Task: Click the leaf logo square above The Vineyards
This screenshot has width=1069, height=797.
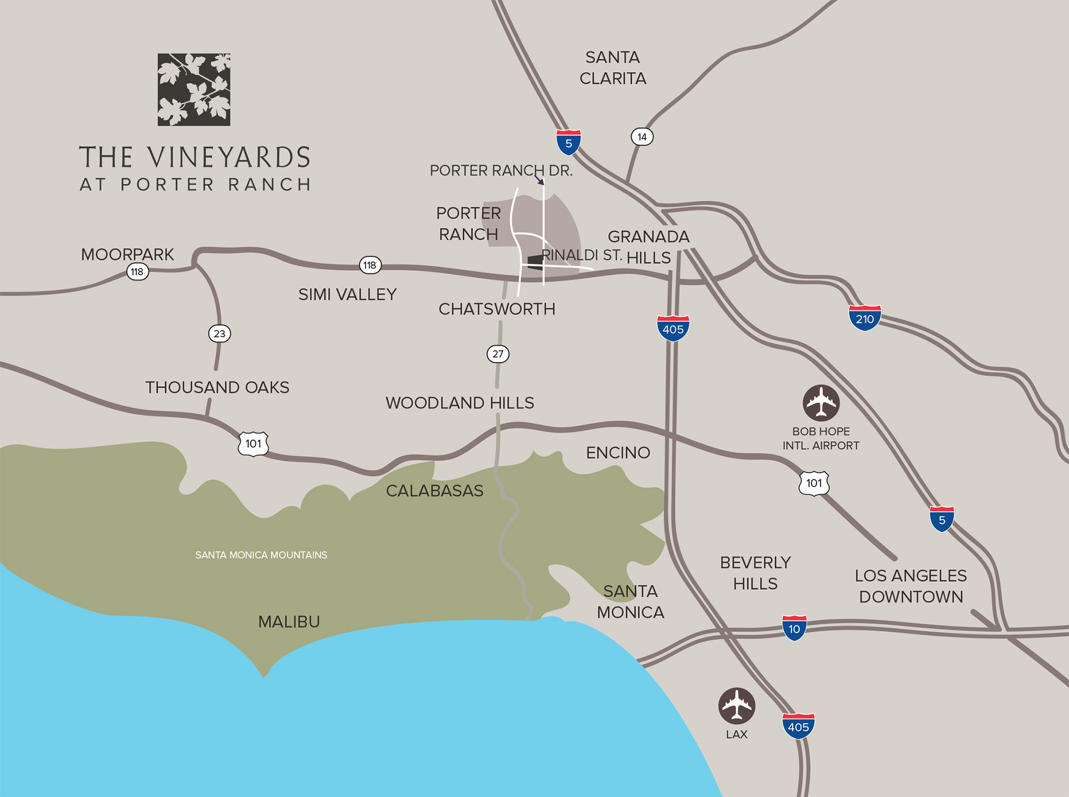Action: point(193,89)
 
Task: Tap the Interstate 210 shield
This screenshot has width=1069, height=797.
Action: point(864,318)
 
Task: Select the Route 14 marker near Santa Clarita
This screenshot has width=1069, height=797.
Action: point(642,137)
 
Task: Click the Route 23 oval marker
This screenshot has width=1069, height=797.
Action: point(219,334)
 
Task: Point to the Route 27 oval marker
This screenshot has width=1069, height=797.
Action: point(498,354)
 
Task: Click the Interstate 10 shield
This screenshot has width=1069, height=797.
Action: point(794,629)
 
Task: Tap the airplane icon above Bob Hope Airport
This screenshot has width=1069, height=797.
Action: point(821,403)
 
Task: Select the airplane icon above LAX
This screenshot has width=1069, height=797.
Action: point(737,706)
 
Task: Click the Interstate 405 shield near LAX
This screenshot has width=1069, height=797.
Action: point(798,726)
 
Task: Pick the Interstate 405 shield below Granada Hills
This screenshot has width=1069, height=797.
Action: point(673,329)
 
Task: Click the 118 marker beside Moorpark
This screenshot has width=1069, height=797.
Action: point(137,272)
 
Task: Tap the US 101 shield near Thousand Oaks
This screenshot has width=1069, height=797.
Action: point(253,443)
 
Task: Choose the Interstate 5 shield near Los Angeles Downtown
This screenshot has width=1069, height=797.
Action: point(942,520)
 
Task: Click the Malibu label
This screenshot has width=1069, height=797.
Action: point(289,622)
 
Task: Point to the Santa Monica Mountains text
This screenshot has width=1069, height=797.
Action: point(261,555)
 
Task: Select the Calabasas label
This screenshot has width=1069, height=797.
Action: point(435,490)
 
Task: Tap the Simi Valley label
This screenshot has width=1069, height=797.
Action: point(347,294)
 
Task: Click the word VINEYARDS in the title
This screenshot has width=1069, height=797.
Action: point(229,158)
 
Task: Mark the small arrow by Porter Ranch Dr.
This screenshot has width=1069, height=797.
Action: point(539,179)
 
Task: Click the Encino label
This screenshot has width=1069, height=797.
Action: point(618,452)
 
